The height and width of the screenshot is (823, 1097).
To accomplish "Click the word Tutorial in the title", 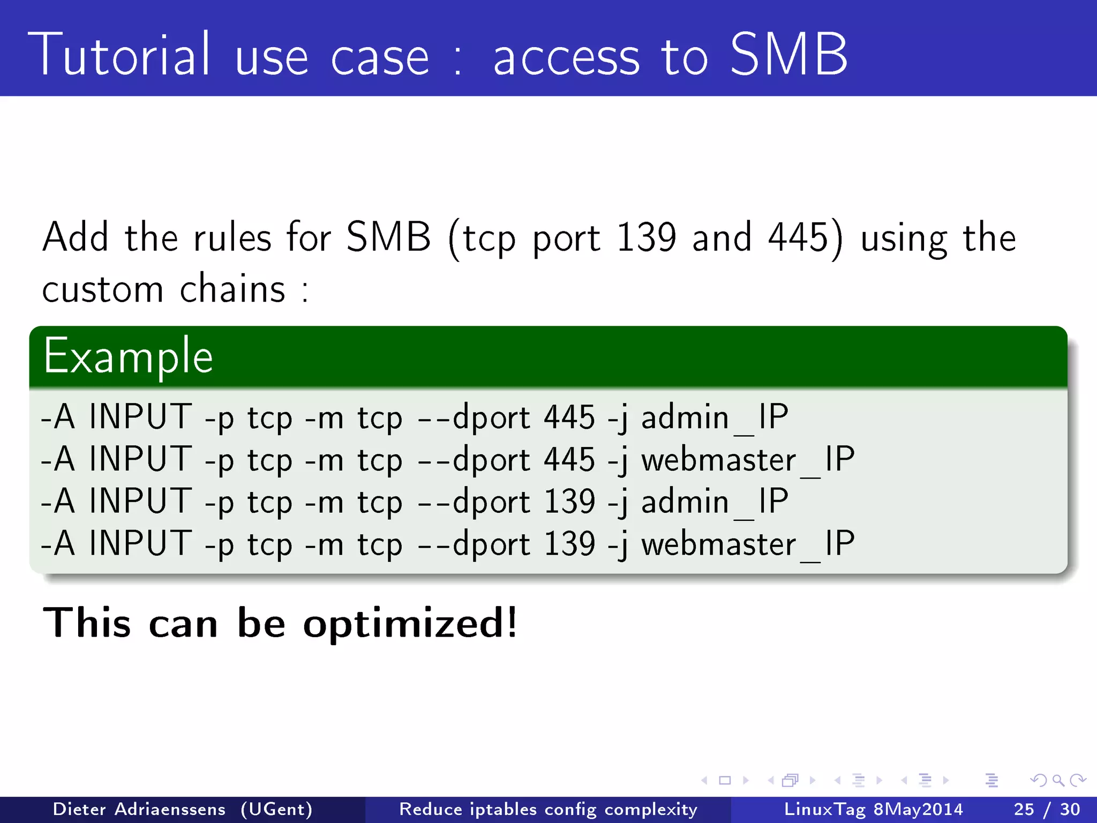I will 119,55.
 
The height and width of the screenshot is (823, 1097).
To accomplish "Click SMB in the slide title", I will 788,55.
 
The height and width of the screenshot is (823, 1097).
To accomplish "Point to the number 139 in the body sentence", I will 647,237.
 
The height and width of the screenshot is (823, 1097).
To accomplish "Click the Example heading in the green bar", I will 129,357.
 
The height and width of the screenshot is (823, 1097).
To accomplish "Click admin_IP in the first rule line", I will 715,417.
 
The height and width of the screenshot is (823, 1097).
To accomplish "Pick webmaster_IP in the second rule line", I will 748,460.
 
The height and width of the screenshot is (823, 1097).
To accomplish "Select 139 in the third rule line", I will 569,502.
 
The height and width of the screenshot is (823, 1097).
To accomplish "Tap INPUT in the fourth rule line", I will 140,543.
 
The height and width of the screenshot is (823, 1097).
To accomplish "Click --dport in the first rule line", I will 474,417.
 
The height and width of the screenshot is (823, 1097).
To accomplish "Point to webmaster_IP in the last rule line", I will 748,544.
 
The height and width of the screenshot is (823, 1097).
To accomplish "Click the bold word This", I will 87,623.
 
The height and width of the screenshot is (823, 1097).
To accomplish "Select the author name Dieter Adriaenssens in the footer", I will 139,809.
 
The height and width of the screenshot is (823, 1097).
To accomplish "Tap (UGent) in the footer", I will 276,809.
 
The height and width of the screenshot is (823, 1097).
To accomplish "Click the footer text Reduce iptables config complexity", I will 548,809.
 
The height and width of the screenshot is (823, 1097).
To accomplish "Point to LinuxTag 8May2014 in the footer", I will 873,809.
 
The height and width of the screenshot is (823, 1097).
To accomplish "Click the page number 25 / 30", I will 1047,809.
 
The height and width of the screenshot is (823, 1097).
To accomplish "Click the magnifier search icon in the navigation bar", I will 1058,780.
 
